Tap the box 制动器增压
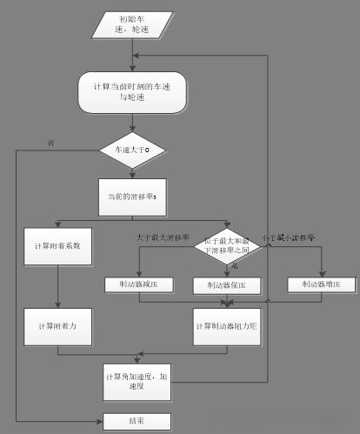(x=321, y=284)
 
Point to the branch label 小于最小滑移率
(x=291, y=236)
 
